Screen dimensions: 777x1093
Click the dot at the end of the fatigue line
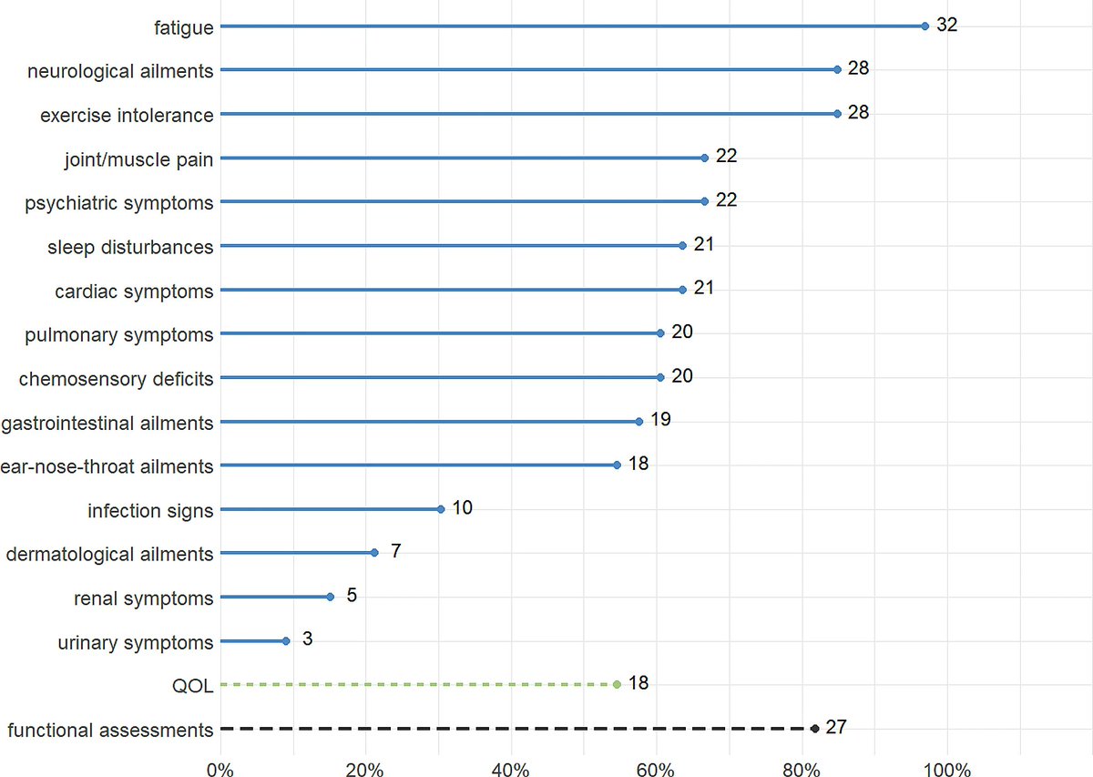click(x=924, y=26)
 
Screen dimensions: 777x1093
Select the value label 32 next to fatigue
click(x=947, y=25)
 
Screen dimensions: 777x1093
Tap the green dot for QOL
click(x=617, y=684)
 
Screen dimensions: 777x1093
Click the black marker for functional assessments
click(x=814, y=729)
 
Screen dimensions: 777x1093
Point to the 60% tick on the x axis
click(x=656, y=768)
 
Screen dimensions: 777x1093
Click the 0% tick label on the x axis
click(x=220, y=768)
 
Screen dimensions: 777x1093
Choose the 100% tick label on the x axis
click(x=947, y=768)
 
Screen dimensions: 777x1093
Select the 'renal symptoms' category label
click(x=143, y=598)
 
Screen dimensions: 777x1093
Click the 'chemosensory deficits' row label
click(x=116, y=379)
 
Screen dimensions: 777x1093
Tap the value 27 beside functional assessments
click(x=837, y=727)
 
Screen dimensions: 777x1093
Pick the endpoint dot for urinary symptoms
click(x=286, y=641)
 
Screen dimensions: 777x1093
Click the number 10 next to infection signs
click(x=462, y=507)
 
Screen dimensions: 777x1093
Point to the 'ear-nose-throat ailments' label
click(x=107, y=466)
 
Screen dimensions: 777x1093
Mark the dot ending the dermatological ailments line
click(x=374, y=553)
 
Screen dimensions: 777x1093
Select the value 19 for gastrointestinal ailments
click(x=660, y=419)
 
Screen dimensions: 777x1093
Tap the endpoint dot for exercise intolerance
click(x=837, y=114)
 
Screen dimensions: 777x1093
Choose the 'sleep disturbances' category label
click(x=129, y=247)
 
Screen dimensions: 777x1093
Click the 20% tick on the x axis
click(x=365, y=768)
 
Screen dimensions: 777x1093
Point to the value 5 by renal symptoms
click(x=351, y=596)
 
